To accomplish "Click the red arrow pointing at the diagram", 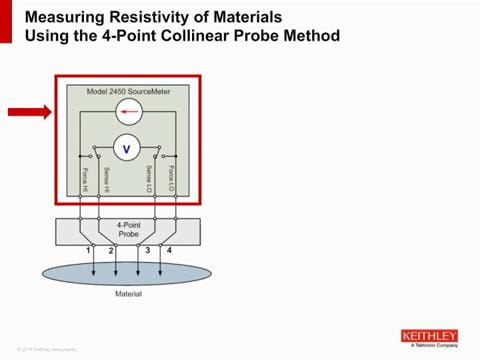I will point(28,113).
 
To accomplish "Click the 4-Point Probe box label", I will point(127,231).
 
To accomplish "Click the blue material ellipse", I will point(127,273).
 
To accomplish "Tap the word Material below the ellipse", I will point(127,294).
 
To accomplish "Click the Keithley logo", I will point(428,337).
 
